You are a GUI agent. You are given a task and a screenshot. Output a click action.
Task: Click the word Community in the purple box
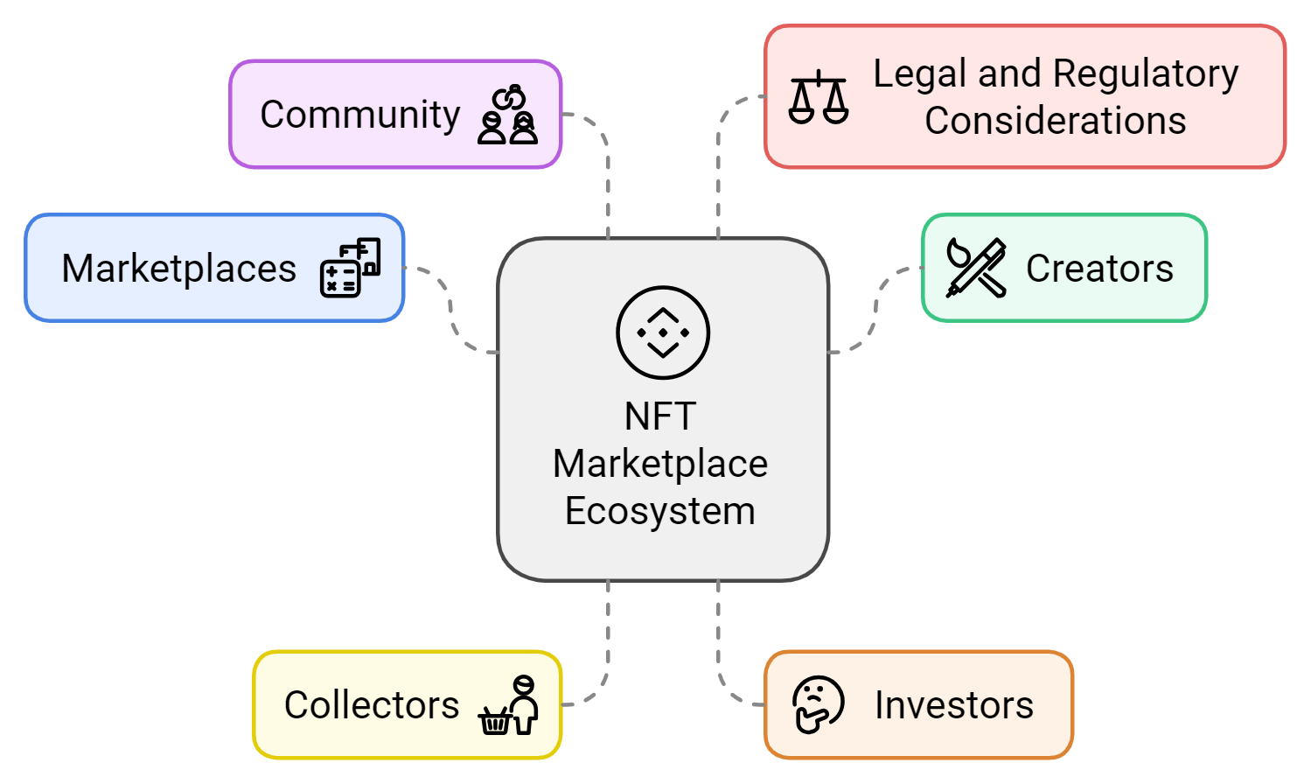pos(360,115)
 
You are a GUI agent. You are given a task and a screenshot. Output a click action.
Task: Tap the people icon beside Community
pos(507,115)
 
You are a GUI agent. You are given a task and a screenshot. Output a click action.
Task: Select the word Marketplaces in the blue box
pos(179,269)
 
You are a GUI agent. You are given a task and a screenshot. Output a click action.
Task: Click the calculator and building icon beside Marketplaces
pos(351,268)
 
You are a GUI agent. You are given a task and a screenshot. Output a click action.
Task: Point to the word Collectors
pos(372,705)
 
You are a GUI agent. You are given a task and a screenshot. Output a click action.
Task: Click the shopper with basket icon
pos(508,705)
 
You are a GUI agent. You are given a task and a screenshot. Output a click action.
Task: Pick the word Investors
pos(954,705)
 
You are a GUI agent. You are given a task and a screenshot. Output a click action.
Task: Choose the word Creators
pos(1099,269)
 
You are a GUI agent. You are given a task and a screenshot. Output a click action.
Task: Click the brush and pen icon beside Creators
pos(976,268)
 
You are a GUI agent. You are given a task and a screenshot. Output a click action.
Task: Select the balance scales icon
pos(819,97)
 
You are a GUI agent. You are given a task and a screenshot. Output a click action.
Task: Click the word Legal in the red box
pos(920,75)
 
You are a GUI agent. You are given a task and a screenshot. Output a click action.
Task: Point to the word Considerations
pos(1056,121)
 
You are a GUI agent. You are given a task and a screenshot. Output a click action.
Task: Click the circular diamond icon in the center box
pos(663,332)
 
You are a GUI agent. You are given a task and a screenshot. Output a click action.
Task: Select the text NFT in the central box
pos(660,416)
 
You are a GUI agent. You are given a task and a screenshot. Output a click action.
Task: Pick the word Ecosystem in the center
pos(660,511)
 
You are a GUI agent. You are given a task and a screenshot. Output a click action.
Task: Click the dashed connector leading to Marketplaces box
pos(450,311)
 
